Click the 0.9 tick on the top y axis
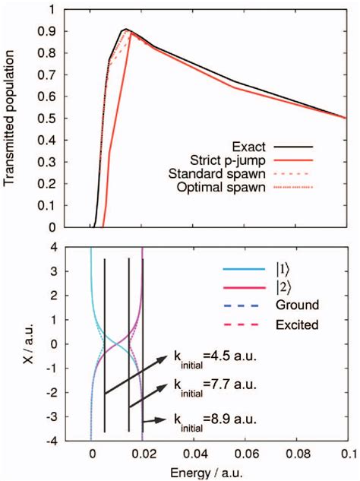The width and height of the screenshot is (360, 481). (x=52, y=32)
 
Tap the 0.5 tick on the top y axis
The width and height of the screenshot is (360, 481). (x=52, y=119)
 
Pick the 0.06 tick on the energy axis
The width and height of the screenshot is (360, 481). (x=245, y=454)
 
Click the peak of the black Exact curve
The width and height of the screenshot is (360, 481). (x=126, y=30)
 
